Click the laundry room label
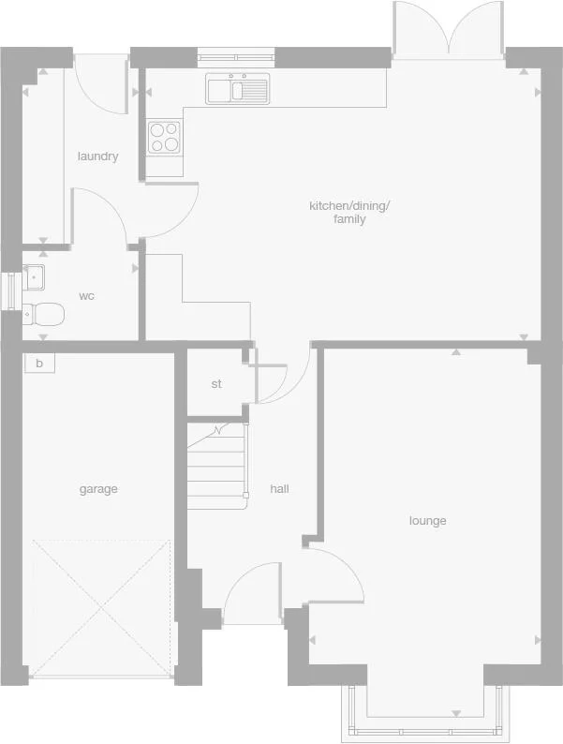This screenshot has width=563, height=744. pyautogui.click(x=97, y=156)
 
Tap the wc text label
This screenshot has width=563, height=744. pyautogui.click(x=86, y=296)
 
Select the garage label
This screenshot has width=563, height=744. pyautogui.click(x=98, y=489)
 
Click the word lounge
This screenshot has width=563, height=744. pyautogui.click(x=427, y=521)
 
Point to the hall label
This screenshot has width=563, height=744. pyautogui.click(x=279, y=489)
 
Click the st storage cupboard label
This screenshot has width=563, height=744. pyautogui.click(x=216, y=384)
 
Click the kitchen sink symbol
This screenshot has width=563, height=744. pyautogui.click(x=238, y=89)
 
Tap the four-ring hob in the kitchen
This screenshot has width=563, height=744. pyautogui.click(x=164, y=138)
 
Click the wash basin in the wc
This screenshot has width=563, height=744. pyautogui.click(x=34, y=277)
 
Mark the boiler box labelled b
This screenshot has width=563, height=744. pyautogui.click(x=39, y=363)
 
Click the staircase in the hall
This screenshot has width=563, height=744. pyautogui.click(x=217, y=464)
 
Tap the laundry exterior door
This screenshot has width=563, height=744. pyautogui.click(x=99, y=82)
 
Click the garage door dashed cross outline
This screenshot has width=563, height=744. pyautogui.click(x=101, y=606)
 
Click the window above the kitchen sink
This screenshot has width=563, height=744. pyautogui.click(x=237, y=57)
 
